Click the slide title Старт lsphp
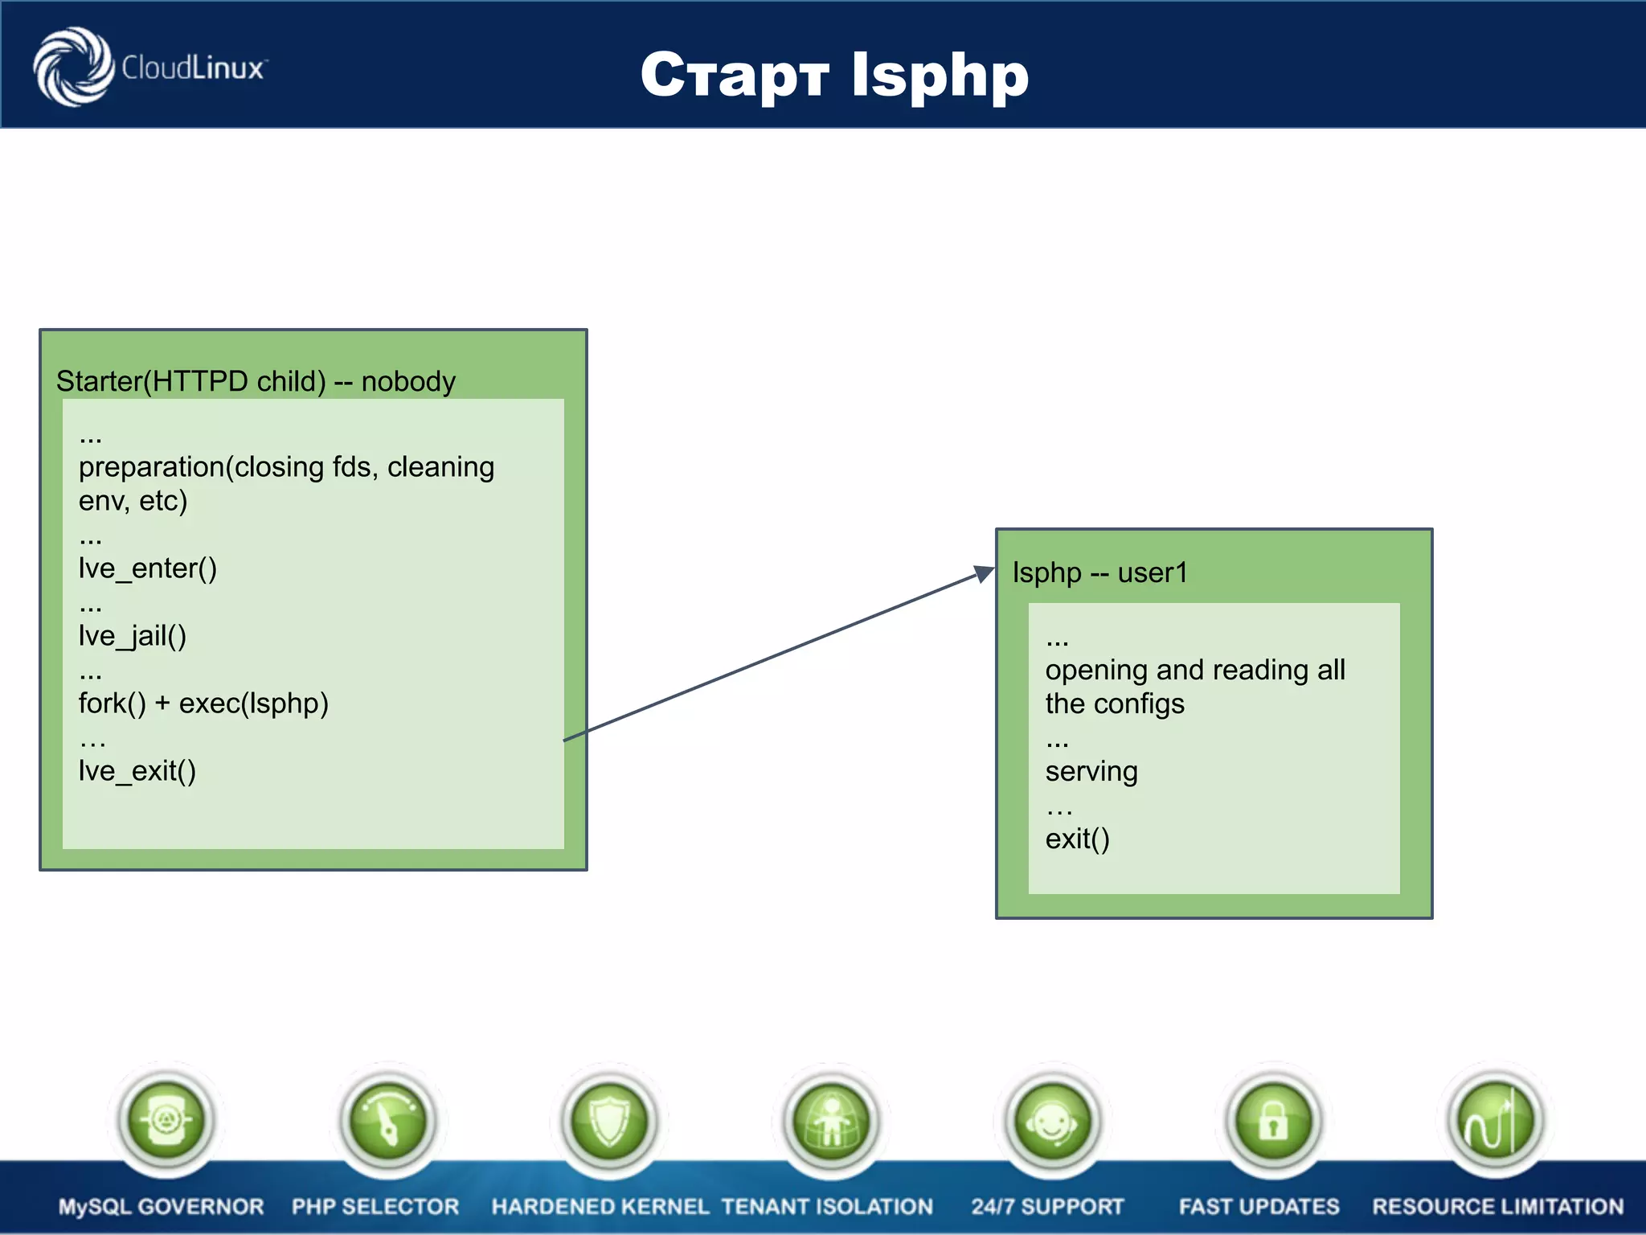834,75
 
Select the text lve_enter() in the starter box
148,568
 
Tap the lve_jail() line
133,636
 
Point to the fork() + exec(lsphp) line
203,704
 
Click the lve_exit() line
137,771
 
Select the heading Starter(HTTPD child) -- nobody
256,381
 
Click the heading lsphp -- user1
1099,572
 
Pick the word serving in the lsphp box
1091,771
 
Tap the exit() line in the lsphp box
1077,839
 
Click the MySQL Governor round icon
166,1120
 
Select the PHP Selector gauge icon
387,1120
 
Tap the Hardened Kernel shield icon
609,1120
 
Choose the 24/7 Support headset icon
1052,1120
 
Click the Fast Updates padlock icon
1273,1120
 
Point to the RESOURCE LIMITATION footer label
1497,1206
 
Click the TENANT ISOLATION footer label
826,1206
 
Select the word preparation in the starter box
151,467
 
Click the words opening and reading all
1194,670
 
